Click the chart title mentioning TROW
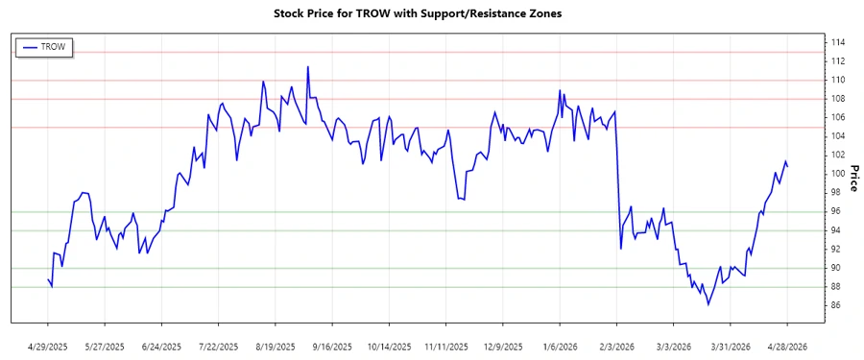pos(431,13)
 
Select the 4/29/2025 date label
pos(48,346)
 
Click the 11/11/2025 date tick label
pos(446,346)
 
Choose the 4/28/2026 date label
pos(787,346)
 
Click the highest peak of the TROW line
pos(308,67)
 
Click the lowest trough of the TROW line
pos(708,304)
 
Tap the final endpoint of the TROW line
pos(788,167)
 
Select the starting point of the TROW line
pos(48,279)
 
